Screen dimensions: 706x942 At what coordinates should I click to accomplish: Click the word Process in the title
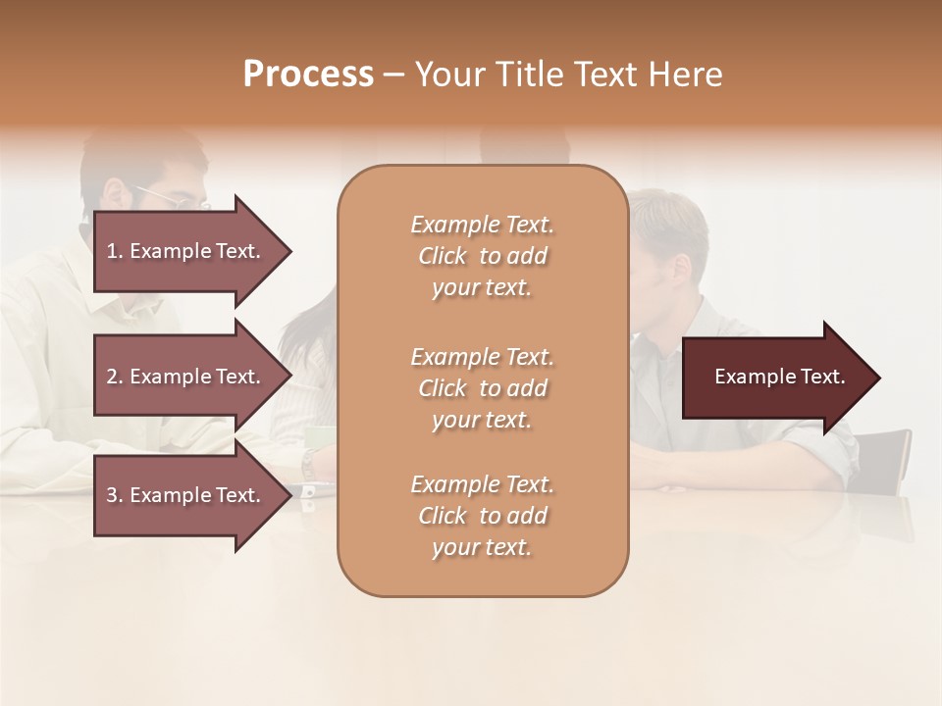click(x=308, y=75)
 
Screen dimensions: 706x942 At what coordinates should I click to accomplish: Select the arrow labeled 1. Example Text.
click(x=186, y=251)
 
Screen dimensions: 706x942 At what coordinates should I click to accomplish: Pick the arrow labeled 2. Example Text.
click(x=186, y=377)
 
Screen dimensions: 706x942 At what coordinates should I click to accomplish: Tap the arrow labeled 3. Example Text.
click(x=186, y=495)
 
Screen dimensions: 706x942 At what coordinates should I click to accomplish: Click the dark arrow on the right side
click(x=775, y=378)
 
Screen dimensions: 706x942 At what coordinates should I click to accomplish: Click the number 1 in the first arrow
click(x=112, y=251)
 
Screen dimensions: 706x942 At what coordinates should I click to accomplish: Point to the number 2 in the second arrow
click(x=112, y=377)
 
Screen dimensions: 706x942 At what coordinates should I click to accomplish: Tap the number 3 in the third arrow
click(x=112, y=495)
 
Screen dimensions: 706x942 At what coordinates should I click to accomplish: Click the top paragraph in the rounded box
click(x=482, y=256)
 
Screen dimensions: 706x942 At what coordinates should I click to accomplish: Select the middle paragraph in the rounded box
click(x=482, y=388)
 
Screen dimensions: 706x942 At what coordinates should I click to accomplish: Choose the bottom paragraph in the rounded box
click(x=482, y=516)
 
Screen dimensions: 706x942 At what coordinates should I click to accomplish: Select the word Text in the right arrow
click(x=822, y=377)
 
